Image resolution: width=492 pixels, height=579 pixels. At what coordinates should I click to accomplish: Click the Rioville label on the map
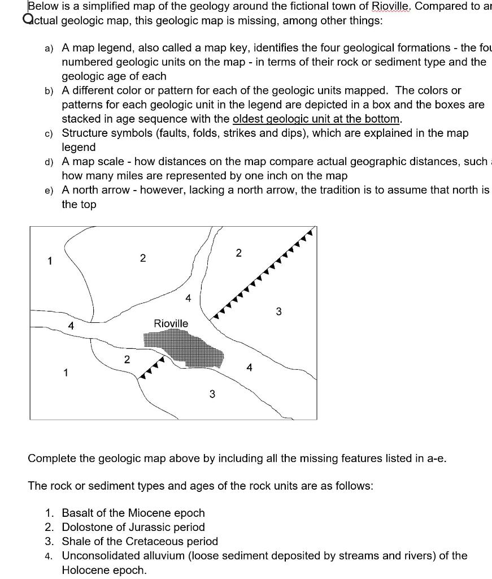tap(171, 323)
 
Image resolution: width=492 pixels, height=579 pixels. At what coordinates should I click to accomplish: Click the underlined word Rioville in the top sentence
tap(391, 7)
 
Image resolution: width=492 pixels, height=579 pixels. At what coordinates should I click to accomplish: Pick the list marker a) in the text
tap(49, 48)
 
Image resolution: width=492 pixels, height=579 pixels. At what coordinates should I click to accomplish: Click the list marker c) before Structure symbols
tap(49, 133)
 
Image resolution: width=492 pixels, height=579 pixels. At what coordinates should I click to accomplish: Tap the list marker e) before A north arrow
tap(49, 190)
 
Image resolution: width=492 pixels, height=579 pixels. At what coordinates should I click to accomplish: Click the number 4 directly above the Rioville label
tap(188, 297)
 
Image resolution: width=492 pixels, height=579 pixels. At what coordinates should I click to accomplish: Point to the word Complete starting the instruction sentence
tap(52, 458)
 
